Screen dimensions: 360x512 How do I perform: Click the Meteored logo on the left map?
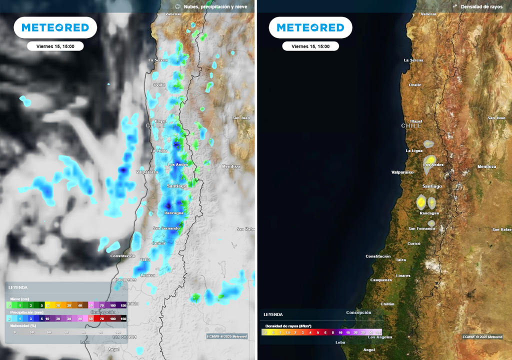click(x=55, y=27)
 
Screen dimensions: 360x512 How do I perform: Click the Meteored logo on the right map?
click(x=310, y=27)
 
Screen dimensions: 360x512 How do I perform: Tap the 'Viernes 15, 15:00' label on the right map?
click(x=310, y=46)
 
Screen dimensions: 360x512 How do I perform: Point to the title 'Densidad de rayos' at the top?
click(x=481, y=6)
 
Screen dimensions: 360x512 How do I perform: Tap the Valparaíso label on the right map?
click(x=402, y=172)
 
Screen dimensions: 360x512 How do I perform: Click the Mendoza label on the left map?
click(x=231, y=166)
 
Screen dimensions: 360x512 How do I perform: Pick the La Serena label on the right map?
click(x=413, y=60)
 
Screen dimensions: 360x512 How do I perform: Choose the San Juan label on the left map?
click(x=241, y=118)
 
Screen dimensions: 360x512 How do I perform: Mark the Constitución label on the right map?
click(x=378, y=256)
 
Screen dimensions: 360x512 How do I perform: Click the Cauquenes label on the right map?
click(x=381, y=280)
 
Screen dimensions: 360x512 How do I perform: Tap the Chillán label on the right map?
click(x=387, y=303)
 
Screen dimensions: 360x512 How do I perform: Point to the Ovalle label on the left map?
click(x=159, y=84)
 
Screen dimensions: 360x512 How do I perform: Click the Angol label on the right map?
click(x=369, y=349)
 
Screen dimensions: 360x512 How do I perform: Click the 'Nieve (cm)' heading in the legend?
click(x=19, y=298)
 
